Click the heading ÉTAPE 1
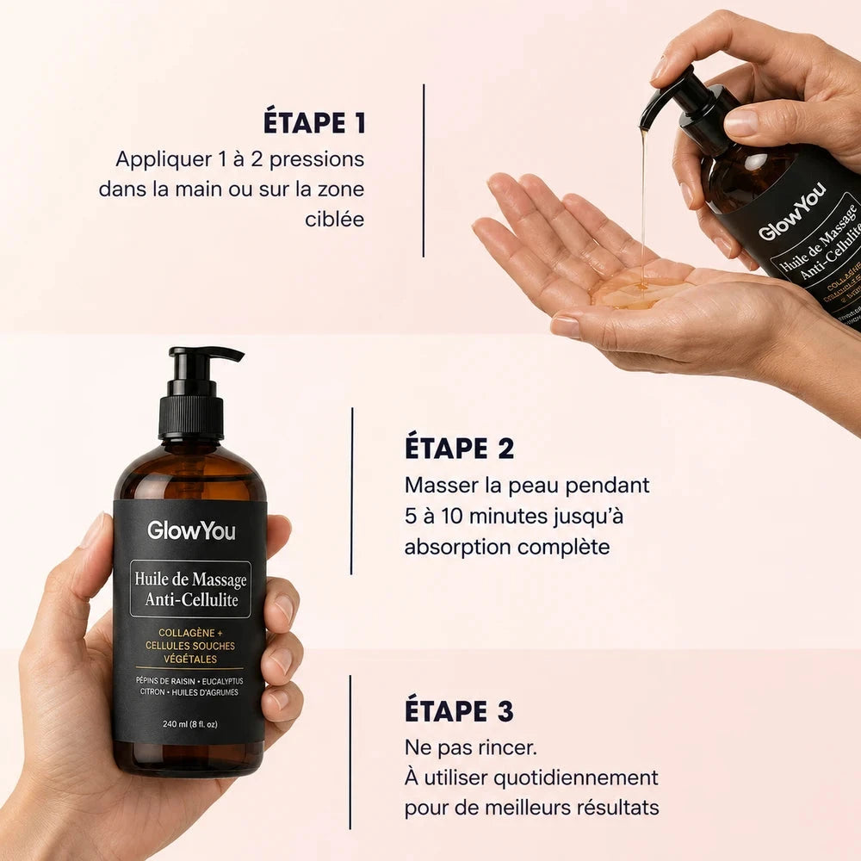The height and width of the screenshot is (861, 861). (x=314, y=122)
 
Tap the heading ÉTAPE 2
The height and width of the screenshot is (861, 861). (x=459, y=448)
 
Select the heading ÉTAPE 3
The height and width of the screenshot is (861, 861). (x=459, y=710)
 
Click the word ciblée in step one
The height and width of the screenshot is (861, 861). (x=334, y=219)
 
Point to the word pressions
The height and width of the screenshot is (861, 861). (x=317, y=160)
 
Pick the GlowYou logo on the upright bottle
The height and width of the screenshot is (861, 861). (x=191, y=530)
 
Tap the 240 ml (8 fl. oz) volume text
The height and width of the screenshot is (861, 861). (x=190, y=724)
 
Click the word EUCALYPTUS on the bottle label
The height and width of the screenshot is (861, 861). (x=222, y=681)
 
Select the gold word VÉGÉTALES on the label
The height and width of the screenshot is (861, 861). (x=190, y=659)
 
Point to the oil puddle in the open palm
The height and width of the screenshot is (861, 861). (x=631, y=288)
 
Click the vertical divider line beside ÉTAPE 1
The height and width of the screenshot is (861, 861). (x=424, y=170)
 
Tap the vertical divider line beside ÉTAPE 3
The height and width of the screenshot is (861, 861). (x=350, y=753)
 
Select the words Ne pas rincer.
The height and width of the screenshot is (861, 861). (x=471, y=748)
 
